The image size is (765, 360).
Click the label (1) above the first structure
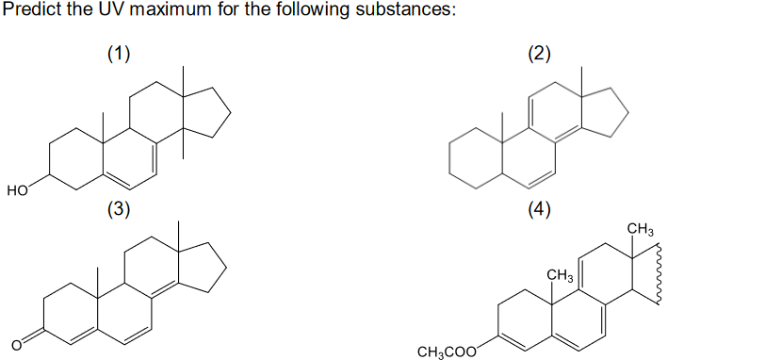118,53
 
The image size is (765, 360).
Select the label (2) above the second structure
539,53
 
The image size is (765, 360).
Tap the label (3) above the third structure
118,209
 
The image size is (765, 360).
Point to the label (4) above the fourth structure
539,209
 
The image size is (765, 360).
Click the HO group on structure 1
17,190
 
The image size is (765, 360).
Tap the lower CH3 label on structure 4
561,275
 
